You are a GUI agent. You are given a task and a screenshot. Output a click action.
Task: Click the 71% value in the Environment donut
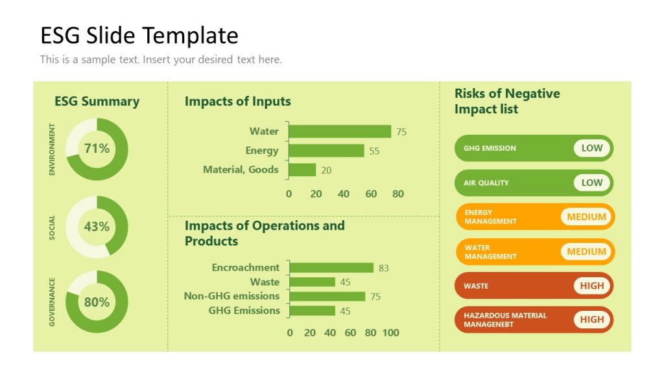(x=97, y=149)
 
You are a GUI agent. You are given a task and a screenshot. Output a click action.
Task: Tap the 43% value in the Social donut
(x=97, y=227)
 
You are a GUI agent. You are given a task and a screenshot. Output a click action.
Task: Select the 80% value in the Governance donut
(x=97, y=302)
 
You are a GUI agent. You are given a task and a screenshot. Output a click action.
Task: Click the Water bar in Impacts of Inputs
(x=340, y=131)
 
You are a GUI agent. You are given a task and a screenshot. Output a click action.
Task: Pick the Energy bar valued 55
(x=326, y=151)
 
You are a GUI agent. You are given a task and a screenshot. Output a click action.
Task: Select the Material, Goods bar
(x=302, y=170)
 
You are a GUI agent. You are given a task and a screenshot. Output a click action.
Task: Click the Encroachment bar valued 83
(x=331, y=267)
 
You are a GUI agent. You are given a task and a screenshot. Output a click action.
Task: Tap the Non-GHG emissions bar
(x=327, y=297)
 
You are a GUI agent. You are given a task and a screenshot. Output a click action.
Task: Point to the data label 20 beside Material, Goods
(x=326, y=170)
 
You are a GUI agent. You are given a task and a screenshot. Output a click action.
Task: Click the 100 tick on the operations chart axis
(x=390, y=333)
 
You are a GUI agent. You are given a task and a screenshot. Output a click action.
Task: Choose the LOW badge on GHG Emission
(x=591, y=148)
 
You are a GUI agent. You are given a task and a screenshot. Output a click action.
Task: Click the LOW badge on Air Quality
(x=591, y=183)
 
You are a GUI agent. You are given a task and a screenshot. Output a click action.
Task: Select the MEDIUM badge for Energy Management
(x=586, y=217)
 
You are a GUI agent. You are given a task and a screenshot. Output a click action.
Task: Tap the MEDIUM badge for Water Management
(x=586, y=251)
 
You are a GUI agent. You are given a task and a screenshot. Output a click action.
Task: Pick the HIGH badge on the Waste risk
(x=591, y=286)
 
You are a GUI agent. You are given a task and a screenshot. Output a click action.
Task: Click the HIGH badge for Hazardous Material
(x=591, y=319)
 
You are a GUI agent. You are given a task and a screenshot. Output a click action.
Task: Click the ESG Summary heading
(x=97, y=101)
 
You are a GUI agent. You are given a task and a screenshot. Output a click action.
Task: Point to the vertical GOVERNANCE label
(x=53, y=302)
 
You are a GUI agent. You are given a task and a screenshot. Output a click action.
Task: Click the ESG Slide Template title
(x=139, y=35)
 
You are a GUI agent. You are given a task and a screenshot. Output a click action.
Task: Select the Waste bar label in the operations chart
(x=265, y=282)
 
